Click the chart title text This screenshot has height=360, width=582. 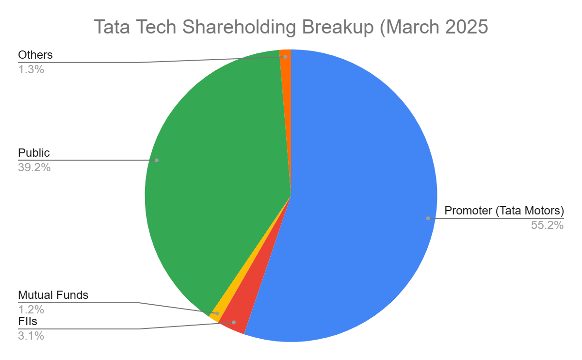point(291,27)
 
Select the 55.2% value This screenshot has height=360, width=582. point(548,225)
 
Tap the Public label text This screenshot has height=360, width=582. point(34,153)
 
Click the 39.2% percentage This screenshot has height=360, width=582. point(34,168)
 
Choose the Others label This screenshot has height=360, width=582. point(35,55)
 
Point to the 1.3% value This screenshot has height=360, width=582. point(31,69)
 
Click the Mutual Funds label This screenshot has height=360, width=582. point(53,295)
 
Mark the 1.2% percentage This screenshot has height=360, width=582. point(31,309)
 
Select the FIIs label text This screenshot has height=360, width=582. point(28,321)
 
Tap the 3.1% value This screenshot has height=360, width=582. point(31,335)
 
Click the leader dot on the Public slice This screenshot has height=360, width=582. point(157,160)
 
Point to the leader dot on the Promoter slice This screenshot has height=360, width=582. point(428,218)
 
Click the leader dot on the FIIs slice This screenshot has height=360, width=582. point(234,322)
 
